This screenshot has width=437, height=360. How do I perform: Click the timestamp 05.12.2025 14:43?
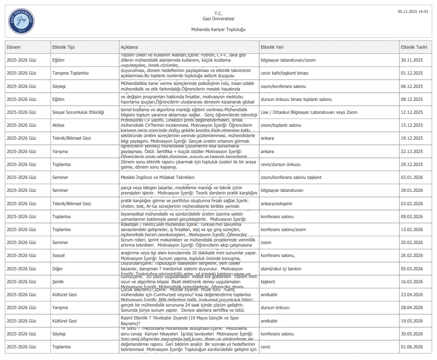point(413,12)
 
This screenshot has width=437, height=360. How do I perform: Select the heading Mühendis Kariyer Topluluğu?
point(218,29)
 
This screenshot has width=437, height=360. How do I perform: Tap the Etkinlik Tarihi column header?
point(414,47)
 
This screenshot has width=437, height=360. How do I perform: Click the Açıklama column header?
point(129,47)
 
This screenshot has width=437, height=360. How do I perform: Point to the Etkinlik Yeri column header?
point(272,47)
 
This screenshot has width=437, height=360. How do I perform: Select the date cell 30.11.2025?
point(412,60)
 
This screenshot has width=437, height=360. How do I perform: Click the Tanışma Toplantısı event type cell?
point(70,73)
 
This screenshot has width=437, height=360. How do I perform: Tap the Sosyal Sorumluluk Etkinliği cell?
point(78,112)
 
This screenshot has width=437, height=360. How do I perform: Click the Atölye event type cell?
point(60,125)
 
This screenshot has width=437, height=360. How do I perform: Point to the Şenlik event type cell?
point(59,282)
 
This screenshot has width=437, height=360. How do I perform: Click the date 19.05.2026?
point(412,321)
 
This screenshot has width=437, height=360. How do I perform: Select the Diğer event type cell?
point(57,269)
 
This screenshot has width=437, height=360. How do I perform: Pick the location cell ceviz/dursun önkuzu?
point(281,164)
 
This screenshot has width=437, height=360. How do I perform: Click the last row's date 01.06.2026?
point(412,347)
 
